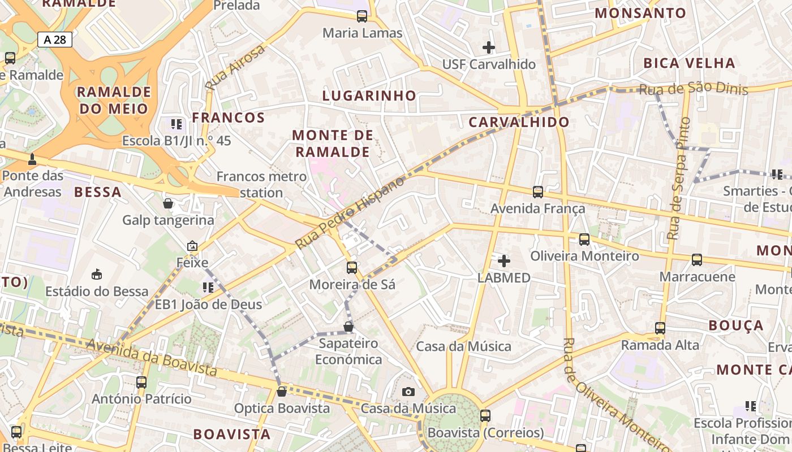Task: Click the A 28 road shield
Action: pyautogui.click(x=55, y=40)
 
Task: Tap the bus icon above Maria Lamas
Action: pyautogui.click(x=362, y=16)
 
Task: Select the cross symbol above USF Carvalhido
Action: pyautogui.click(x=489, y=47)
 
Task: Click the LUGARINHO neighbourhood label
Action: pyautogui.click(x=369, y=95)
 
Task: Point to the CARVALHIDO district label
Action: pyautogui.click(x=519, y=122)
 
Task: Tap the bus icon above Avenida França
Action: pyautogui.click(x=537, y=192)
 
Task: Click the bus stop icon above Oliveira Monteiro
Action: pyautogui.click(x=584, y=240)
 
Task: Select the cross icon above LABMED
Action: pyautogui.click(x=503, y=261)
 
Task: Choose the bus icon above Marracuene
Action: pyautogui.click(x=696, y=260)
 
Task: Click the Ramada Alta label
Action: pyautogui.click(x=660, y=345)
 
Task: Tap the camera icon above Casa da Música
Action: pyautogui.click(x=408, y=392)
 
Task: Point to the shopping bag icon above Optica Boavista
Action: pyautogui.click(x=281, y=392)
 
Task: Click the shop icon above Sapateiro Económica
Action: pyautogui.click(x=348, y=327)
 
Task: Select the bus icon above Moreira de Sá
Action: pyautogui.click(x=352, y=268)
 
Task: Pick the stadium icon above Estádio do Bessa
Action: pyautogui.click(x=97, y=275)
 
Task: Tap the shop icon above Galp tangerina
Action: pyautogui.click(x=168, y=203)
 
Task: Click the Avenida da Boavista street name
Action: pyautogui.click(x=152, y=358)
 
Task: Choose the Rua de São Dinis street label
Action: pyautogui.click(x=693, y=89)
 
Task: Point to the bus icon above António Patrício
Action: pyautogui.click(x=141, y=383)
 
